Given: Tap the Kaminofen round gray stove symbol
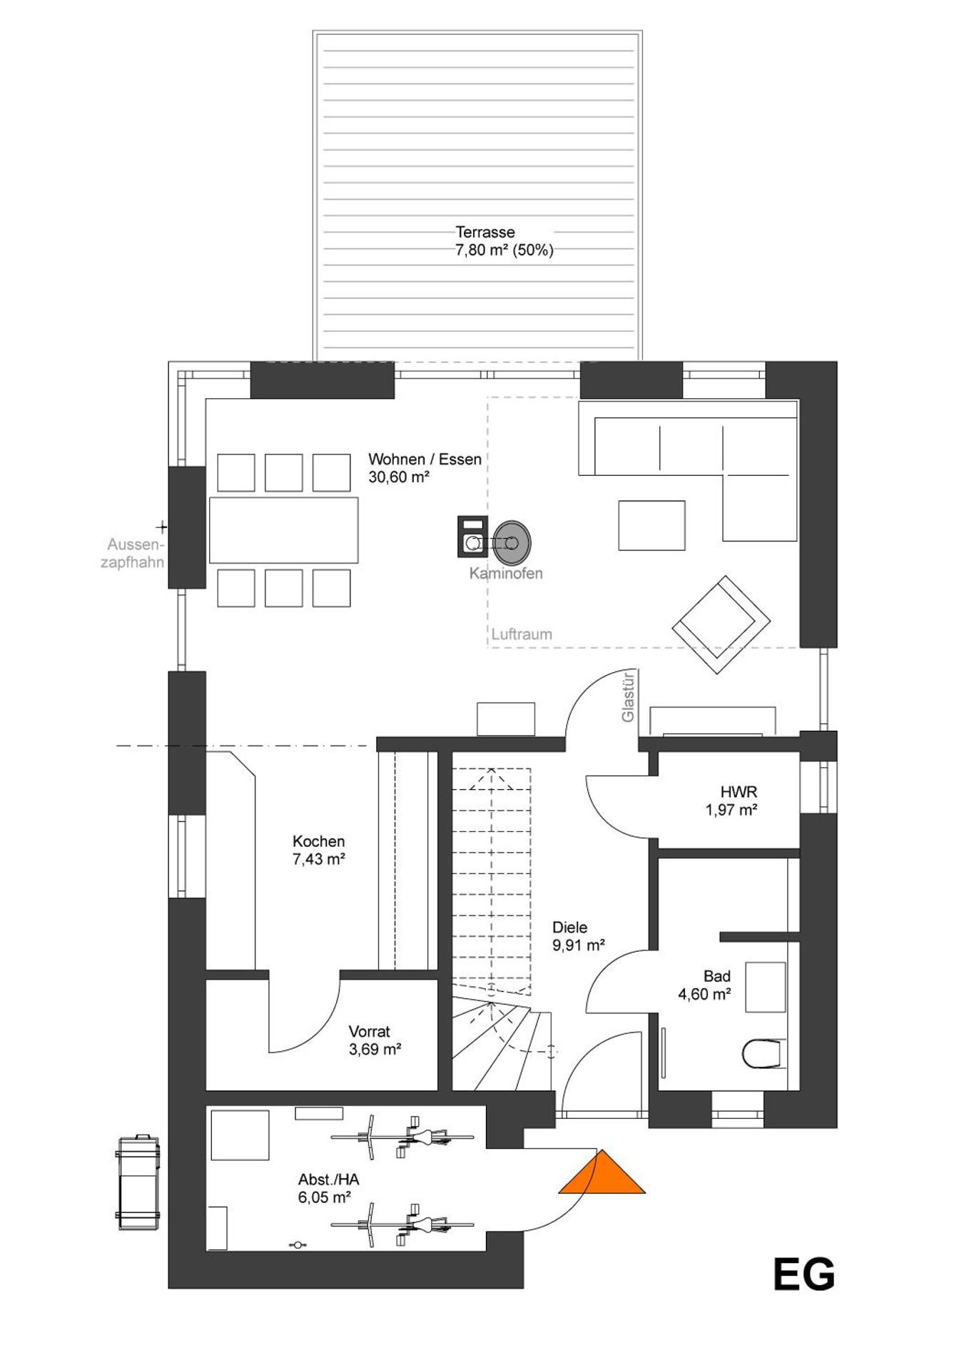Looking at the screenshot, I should coord(512,542).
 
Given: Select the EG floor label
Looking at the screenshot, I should coord(803,1274).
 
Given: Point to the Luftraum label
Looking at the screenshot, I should coord(522,634).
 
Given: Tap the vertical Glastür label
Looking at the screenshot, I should coord(628,696).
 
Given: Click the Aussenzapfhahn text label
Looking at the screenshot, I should coord(133,553).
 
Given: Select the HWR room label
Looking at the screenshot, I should coord(739,792).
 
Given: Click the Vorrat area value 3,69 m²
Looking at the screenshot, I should coord(375,1050).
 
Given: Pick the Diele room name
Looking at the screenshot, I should coord(569,928).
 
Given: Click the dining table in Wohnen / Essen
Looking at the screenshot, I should coord(283,530).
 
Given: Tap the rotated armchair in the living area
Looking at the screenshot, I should coord(721,624).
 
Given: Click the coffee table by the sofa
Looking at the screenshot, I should coord(651,525).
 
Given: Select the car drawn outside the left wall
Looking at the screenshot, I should coord(138,1183).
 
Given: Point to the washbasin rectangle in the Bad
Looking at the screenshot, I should coord(765,987).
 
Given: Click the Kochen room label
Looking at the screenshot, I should coord(318,842).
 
